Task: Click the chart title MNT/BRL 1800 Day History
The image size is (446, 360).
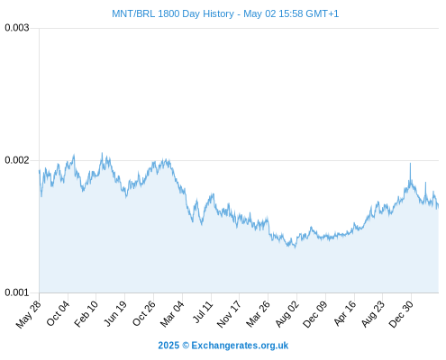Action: tap(173, 13)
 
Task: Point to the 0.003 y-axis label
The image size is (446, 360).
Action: tap(17, 28)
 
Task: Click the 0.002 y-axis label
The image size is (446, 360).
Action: tap(17, 160)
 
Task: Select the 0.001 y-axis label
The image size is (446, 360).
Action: tap(17, 292)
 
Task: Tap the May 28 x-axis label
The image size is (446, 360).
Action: tap(28, 314)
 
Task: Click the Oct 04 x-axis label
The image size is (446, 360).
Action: tap(58, 313)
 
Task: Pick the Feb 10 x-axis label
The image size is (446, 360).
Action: tap(86, 314)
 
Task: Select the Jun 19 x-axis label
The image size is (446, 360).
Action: tap(115, 313)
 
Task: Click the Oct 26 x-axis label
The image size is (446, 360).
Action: tap(144, 313)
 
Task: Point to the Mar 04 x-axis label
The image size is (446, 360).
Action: tap(172, 314)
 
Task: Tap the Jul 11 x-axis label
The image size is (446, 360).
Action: tap(203, 311)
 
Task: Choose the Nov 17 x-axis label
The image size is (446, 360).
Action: tap(229, 314)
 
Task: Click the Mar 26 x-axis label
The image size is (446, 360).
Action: tap(258, 314)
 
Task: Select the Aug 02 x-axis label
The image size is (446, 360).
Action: tap(287, 314)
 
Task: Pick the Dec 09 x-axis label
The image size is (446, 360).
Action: tap(314, 314)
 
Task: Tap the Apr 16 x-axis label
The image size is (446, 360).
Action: tap(345, 313)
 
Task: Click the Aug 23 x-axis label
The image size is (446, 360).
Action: tap(372, 314)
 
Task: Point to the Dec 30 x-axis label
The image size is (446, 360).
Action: tap(401, 314)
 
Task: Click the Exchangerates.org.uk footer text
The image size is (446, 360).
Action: tap(240, 346)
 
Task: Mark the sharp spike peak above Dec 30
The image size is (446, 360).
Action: tap(410, 164)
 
